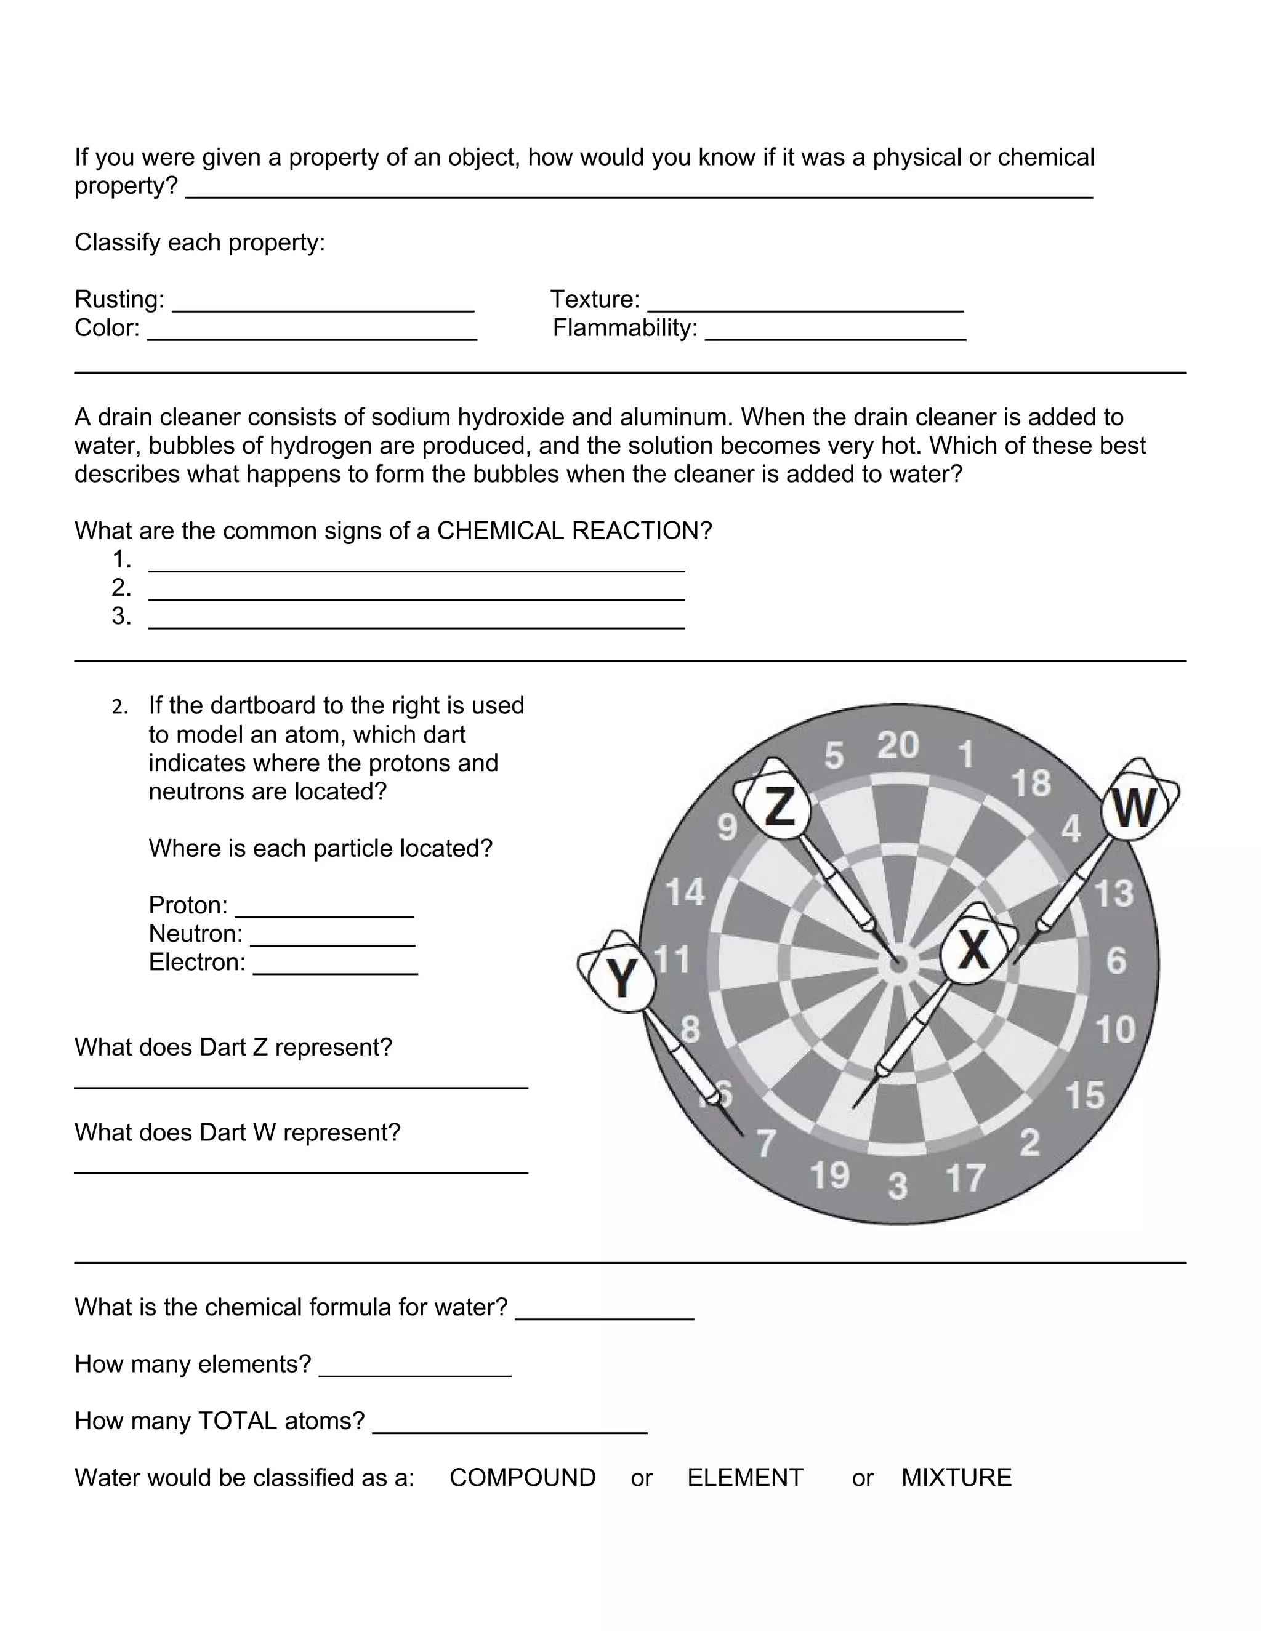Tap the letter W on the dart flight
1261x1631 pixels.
click(1135, 808)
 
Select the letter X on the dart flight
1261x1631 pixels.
click(974, 950)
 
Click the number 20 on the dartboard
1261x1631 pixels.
click(897, 745)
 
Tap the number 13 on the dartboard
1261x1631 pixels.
click(1113, 894)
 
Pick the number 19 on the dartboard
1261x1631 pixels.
click(830, 1176)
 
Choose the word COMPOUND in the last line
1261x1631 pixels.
click(522, 1477)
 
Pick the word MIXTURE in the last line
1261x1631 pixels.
click(956, 1477)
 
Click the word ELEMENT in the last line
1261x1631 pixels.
click(745, 1477)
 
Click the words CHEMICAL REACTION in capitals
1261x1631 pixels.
click(574, 531)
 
